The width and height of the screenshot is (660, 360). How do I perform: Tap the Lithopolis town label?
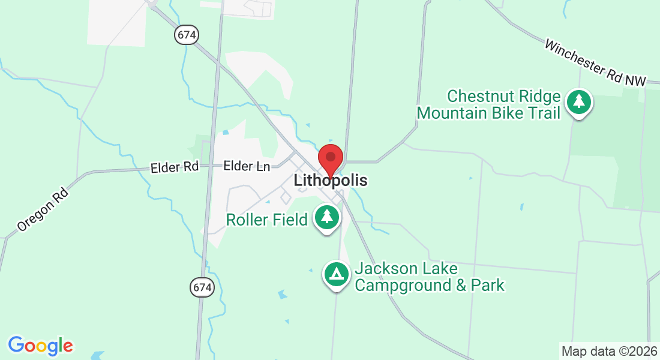(x=331, y=180)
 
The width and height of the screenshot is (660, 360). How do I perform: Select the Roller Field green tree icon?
(x=326, y=217)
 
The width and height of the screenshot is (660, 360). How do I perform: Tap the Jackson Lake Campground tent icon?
(x=337, y=274)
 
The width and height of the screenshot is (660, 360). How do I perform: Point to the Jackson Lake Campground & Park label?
(x=430, y=277)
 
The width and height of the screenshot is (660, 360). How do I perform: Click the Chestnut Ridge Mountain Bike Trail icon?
(x=578, y=102)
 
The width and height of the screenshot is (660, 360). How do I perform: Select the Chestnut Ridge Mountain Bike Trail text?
(x=488, y=104)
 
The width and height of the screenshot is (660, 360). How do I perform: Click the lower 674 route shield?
(x=203, y=287)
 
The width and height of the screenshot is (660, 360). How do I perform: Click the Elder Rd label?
(x=175, y=167)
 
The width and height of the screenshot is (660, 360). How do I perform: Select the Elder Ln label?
(x=247, y=166)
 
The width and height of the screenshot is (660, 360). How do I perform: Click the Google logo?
(x=40, y=346)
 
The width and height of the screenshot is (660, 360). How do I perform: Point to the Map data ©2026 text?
(x=609, y=350)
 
